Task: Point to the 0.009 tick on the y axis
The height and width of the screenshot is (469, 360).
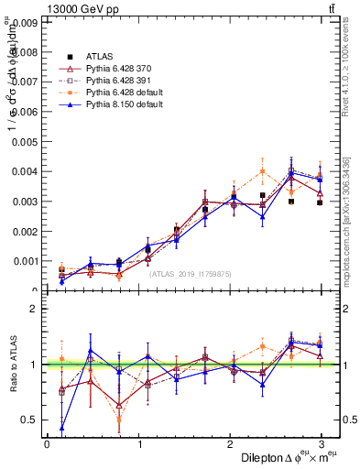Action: (27, 22)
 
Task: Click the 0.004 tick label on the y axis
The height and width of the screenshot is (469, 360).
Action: (27, 171)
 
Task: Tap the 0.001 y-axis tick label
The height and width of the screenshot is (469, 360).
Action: (27, 261)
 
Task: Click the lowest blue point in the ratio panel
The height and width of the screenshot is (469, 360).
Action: (61, 428)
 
